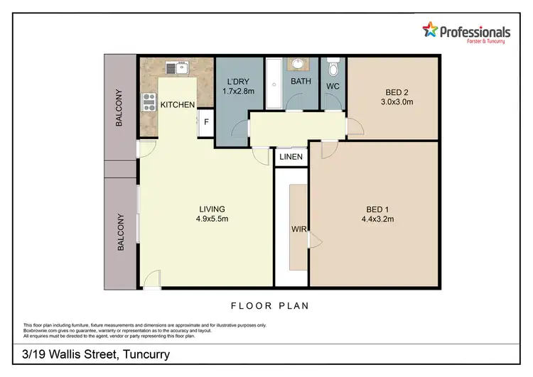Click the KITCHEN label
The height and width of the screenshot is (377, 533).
click(178, 105)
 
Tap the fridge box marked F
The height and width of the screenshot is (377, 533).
click(206, 121)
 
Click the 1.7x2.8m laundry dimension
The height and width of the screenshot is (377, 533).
click(237, 92)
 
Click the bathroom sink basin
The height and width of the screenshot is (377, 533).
click(296, 65)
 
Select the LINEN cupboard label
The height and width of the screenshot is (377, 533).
click(291, 157)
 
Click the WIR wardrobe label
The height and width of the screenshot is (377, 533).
click(297, 230)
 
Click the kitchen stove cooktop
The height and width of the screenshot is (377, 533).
click(149, 103)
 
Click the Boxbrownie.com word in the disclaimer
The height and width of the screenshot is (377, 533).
click(42, 329)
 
